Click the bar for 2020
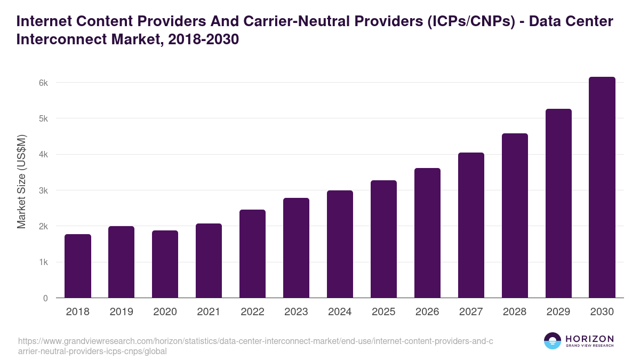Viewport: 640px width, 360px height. (165, 264)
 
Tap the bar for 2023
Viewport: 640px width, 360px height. (297, 248)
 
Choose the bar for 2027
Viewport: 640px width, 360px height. (471, 225)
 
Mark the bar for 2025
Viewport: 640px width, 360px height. (384, 239)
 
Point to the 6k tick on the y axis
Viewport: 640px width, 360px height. (43, 83)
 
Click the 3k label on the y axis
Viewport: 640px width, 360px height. (43, 190)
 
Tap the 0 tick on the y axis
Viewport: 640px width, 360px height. (45, 298)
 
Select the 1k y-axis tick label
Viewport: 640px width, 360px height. (43, 262)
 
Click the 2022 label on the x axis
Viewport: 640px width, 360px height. (253, 312)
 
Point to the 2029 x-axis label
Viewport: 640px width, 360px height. (558, 312)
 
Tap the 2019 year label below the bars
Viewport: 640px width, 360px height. (122, 312)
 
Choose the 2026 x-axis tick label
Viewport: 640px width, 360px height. (427, 312)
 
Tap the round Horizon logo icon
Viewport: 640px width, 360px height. (553, 341)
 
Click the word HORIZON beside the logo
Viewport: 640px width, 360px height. (589, 339)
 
